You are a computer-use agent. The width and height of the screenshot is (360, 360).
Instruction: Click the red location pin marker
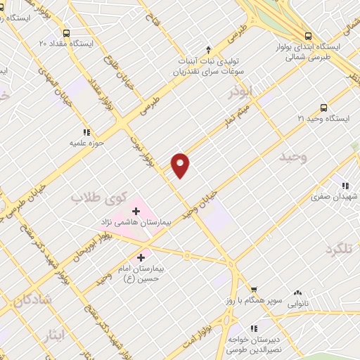181,165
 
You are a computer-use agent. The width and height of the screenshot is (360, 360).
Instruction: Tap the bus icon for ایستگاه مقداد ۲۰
67,33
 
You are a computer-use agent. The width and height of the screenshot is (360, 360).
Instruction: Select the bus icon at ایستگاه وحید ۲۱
323,108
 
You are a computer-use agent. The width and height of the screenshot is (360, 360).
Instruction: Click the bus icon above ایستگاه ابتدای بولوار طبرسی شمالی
307,37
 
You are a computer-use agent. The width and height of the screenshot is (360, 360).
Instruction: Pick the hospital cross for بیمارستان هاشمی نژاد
136,210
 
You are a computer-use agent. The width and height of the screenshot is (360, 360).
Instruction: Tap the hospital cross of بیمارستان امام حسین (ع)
143,257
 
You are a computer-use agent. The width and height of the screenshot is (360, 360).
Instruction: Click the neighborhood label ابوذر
240,91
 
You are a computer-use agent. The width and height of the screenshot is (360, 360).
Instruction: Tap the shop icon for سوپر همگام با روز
254,289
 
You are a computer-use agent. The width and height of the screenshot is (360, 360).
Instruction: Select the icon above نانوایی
298,292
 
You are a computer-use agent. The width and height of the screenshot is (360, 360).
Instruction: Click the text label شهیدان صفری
335,198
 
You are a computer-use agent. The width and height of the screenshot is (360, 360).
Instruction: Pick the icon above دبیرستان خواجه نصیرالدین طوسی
254,328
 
